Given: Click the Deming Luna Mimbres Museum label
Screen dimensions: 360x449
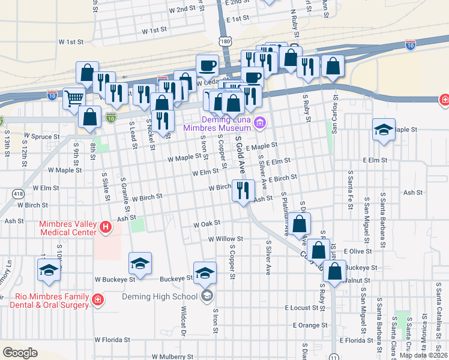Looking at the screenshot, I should (x=217, y=124).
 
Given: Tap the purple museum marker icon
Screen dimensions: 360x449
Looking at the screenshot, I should (x=260, y=124).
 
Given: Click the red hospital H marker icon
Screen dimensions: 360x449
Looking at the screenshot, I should (x=106, y=227).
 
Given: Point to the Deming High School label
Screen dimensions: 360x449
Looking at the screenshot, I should (x=160, y=296).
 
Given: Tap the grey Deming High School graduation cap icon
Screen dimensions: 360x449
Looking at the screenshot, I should (x=207, y=295).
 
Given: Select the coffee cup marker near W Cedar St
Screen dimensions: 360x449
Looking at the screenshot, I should (x=208, y=64).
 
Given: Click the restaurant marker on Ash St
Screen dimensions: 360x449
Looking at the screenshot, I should (x=243, y=191).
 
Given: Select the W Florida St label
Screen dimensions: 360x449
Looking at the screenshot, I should (x=112, y=340).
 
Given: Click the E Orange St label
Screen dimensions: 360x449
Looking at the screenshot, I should (x=311, y=325).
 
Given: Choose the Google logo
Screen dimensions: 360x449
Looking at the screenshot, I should (x=20, y=353).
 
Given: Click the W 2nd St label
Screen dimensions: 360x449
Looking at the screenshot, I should (x=182, y=9).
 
